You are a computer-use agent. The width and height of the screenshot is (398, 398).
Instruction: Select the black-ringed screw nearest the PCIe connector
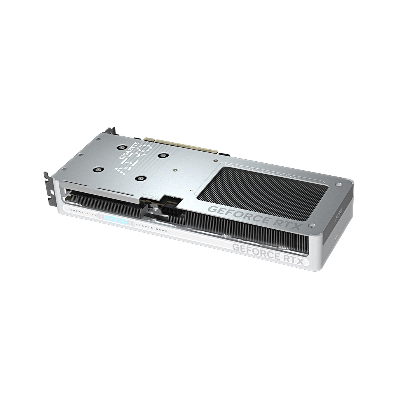point(160,155)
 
